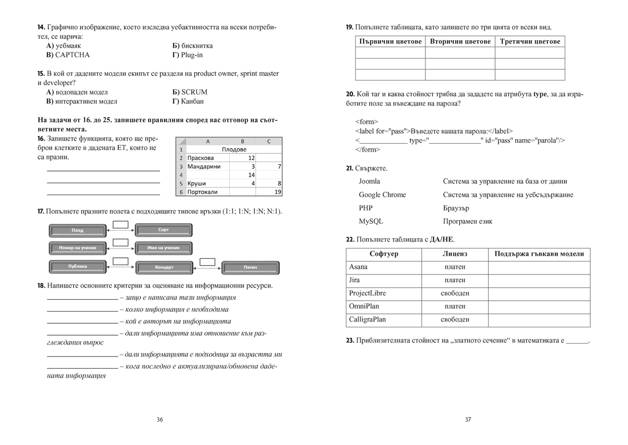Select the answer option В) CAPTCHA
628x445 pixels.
[x=68, y=55]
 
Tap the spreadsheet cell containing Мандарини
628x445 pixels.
[x=204, y=166]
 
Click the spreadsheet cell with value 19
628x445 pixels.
[x=269, y=192]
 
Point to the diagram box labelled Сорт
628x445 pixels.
[x=164, y=230]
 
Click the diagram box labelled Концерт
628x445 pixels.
[x=164, y=267]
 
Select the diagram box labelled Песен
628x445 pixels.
[x=250, y=267]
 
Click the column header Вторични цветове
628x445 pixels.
[x=460, y=41]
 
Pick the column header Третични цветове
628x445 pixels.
[x=530, y=41]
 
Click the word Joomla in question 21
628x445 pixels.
[x=369, y=181]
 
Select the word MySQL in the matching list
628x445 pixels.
[x=371, y=221]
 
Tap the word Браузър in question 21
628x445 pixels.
[x=456, y=208]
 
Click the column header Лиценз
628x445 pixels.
[x=455, y=254]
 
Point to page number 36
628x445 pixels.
[x=160, y=419]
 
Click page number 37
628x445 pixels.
[x=468, y=419]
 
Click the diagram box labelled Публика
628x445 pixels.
[x=77, y=266]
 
